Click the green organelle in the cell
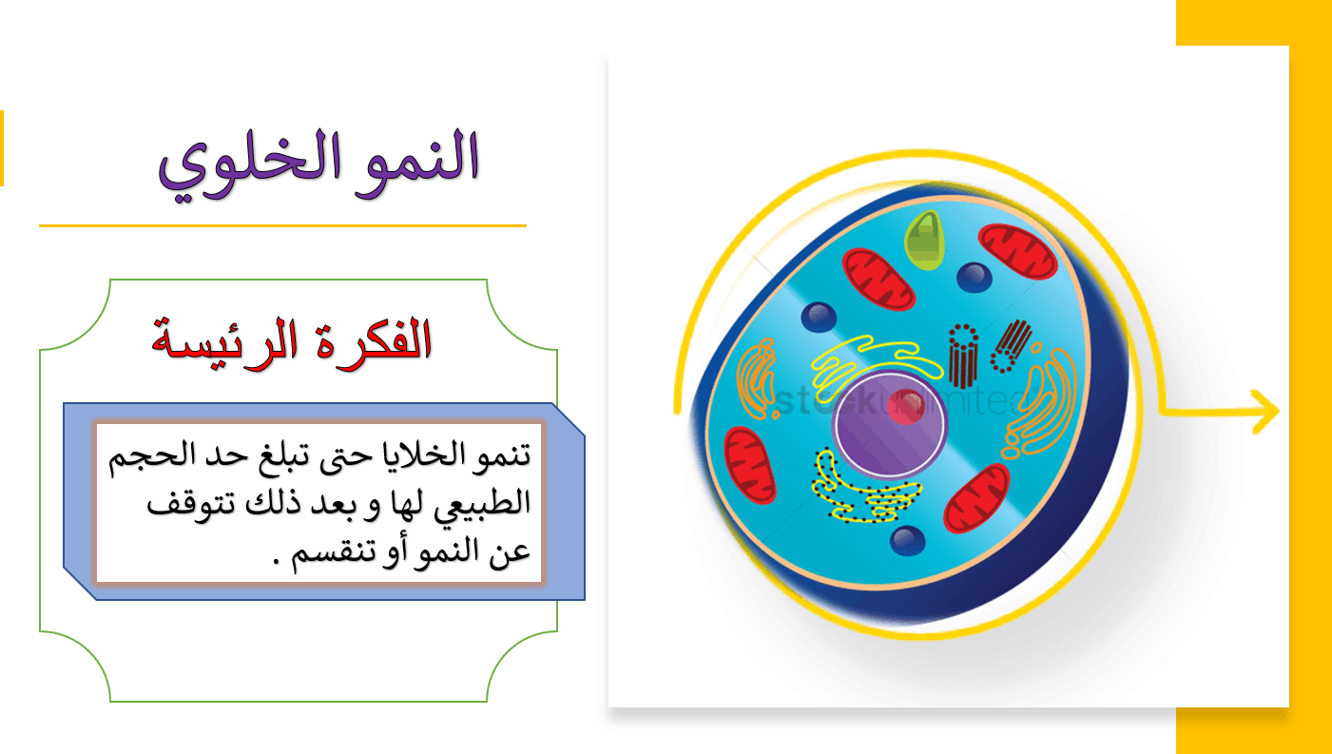(x=924, y=241)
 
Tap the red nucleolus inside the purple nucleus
(x=905, y=407)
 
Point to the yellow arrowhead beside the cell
(x=1265, y=412)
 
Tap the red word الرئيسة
(x=224, y=345)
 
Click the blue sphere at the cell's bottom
(x=907, y=541)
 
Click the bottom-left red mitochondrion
(x=749, y=465)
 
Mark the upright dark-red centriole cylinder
(x=963, y=357)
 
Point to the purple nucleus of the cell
(x=889, y=423)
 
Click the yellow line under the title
(x=282, y=226)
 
